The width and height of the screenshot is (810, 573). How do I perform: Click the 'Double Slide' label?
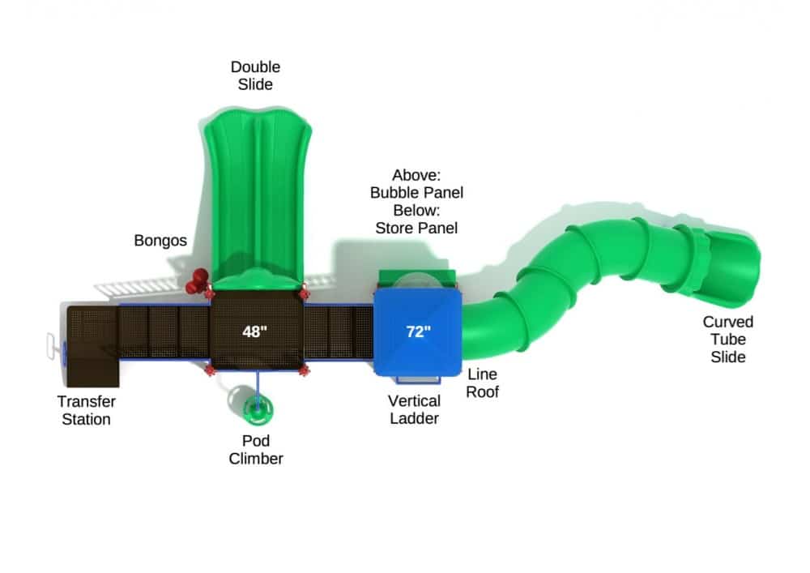[255, 75]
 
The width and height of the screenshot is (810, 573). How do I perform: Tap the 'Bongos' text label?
[160, 241]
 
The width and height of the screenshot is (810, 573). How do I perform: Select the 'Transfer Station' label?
[87, 410]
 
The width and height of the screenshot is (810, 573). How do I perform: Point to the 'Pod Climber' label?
[256, 450]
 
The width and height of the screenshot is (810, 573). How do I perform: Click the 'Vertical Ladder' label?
[414, 410]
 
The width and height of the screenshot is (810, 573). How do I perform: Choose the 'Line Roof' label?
[483, 383]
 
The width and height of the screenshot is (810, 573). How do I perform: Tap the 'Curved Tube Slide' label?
[728, 340]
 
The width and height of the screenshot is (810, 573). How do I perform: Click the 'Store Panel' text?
[416, 228]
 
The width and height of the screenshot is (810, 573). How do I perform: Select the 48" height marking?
[254, 331]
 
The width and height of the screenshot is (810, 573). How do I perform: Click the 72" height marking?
[418, 331]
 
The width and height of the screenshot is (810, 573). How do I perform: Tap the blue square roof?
[417, 331]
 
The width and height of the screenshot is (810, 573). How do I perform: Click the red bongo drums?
[197, 281]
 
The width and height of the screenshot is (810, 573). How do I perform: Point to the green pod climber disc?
[258, 408]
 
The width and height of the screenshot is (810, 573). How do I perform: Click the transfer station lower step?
[93, 371]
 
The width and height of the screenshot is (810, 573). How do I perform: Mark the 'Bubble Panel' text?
[416, 193]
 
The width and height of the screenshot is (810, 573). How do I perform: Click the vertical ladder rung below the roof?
[418, 380]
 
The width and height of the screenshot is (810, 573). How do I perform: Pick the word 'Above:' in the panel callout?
[416, 175]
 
